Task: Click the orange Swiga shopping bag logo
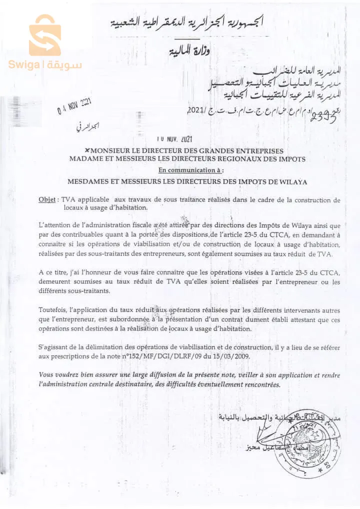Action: [x=44, y=35]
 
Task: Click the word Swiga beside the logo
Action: [x=24, y=65]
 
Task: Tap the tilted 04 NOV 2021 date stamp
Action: [x=74, y=105]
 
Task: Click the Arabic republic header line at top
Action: [x=187, y=22]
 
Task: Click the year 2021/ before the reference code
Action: [x=196, y=110]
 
